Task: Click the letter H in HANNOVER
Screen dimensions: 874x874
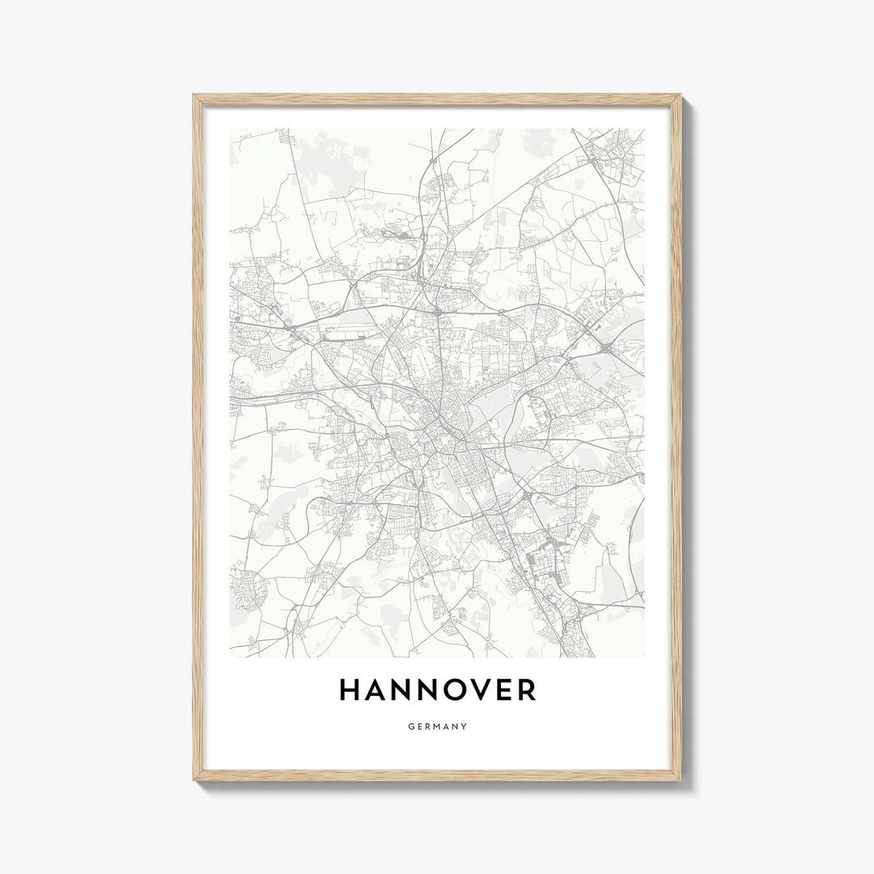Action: click(350, 690)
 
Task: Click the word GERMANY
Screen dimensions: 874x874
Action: click(437, 727)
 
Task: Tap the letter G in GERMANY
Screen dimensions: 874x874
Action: click(410, 727)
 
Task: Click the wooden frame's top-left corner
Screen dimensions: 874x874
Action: click(194, 95)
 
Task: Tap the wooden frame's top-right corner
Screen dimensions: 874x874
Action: click(680, 95)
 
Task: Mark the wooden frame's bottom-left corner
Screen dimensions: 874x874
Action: click(194, 779)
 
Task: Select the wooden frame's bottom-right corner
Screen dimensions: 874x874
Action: click(680, 779)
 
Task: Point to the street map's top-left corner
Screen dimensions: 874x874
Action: click(230, 129)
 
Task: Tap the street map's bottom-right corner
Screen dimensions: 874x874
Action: click(644, 656)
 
